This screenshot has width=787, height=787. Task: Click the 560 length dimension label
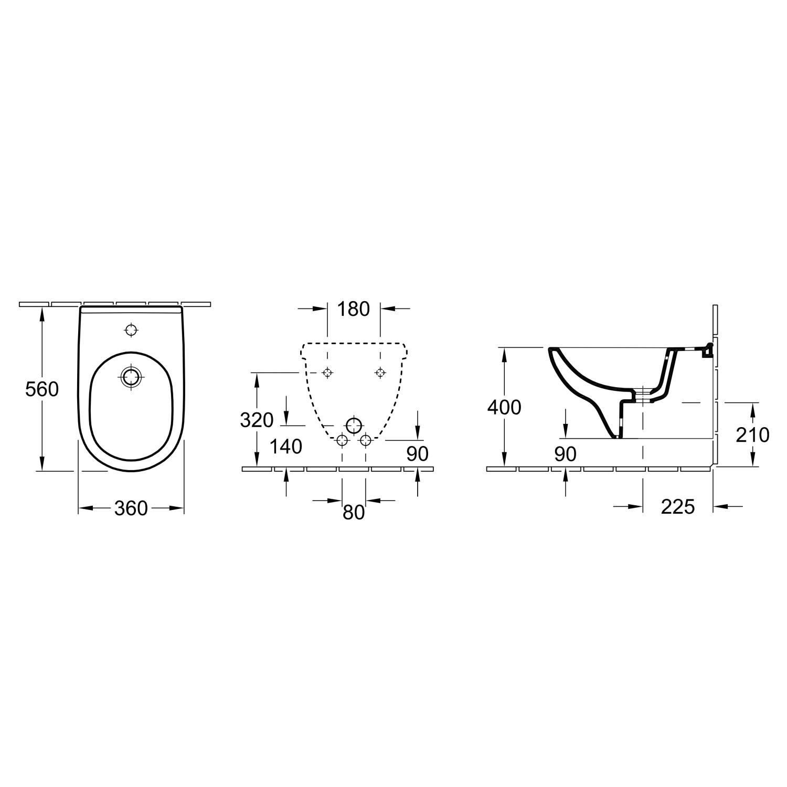point(42,389)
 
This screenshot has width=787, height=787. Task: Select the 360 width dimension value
point(131,508)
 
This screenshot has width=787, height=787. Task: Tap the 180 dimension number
point(354,309)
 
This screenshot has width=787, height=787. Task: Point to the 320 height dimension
point(257,420)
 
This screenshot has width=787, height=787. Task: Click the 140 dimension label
point(286,446)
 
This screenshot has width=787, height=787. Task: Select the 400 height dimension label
point(504,407)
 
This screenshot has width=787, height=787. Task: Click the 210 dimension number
point(752,434)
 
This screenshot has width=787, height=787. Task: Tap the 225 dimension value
point(678,507)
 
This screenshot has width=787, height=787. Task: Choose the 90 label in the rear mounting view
point(418,454)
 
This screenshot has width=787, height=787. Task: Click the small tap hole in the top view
point(131,330)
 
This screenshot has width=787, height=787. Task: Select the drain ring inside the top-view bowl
point(131,376)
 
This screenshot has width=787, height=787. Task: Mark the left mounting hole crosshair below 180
point(327,373)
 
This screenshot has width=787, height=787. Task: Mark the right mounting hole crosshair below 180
point(380,373)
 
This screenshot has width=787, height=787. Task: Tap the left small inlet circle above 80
point(342,440)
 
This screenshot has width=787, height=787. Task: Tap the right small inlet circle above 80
point(366,440)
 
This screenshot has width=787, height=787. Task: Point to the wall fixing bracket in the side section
point(707,350)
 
